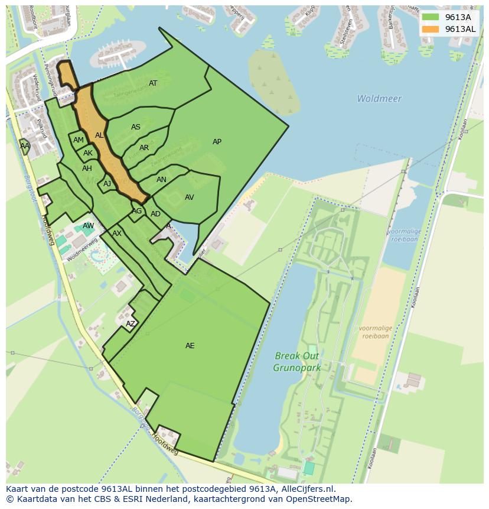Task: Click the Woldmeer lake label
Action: point(379,99)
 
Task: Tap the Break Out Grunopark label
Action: point(296,362)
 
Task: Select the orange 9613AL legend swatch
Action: point(431,29)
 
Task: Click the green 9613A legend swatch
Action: point(431,17)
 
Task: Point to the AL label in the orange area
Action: point(99,135)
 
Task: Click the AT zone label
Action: point(153,83)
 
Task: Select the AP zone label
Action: point(217,142)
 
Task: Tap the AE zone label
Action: point(190,346)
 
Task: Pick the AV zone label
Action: point(189,197)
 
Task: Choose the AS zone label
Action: point(136,127)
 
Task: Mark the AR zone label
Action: point(144,148)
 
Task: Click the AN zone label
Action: point(161,180)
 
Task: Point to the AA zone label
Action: point(25,145)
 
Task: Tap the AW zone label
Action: point(88,226)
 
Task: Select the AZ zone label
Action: point(131,323)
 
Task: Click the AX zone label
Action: point(117,234)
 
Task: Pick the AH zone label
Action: point(87,168)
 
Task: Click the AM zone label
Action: point(79,140)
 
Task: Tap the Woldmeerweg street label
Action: point(81,251)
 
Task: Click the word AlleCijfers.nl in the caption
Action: point(307,489)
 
